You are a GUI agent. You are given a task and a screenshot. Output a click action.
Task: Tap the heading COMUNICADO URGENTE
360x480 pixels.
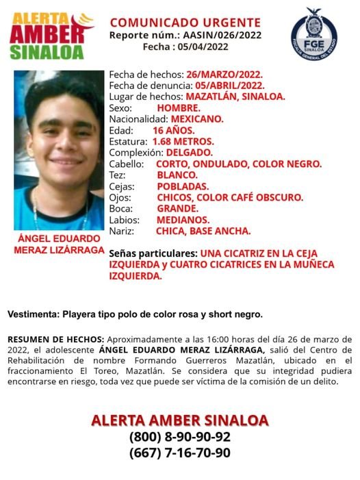click(185, 23)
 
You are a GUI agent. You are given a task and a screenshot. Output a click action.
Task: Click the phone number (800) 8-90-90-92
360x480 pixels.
click(179, 437)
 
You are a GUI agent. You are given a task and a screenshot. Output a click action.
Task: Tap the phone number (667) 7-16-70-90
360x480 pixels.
click(179, 453)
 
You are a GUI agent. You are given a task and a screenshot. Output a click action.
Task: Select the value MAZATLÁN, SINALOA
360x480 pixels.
click(235, 97)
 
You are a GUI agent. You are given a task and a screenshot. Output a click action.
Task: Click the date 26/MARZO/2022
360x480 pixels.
click(223, 75)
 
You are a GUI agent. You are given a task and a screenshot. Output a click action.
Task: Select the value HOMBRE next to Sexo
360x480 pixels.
click(177, 108)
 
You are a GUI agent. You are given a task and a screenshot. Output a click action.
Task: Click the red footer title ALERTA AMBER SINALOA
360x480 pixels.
click(179, 420)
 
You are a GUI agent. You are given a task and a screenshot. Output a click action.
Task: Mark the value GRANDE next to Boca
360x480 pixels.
click(177, 209)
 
